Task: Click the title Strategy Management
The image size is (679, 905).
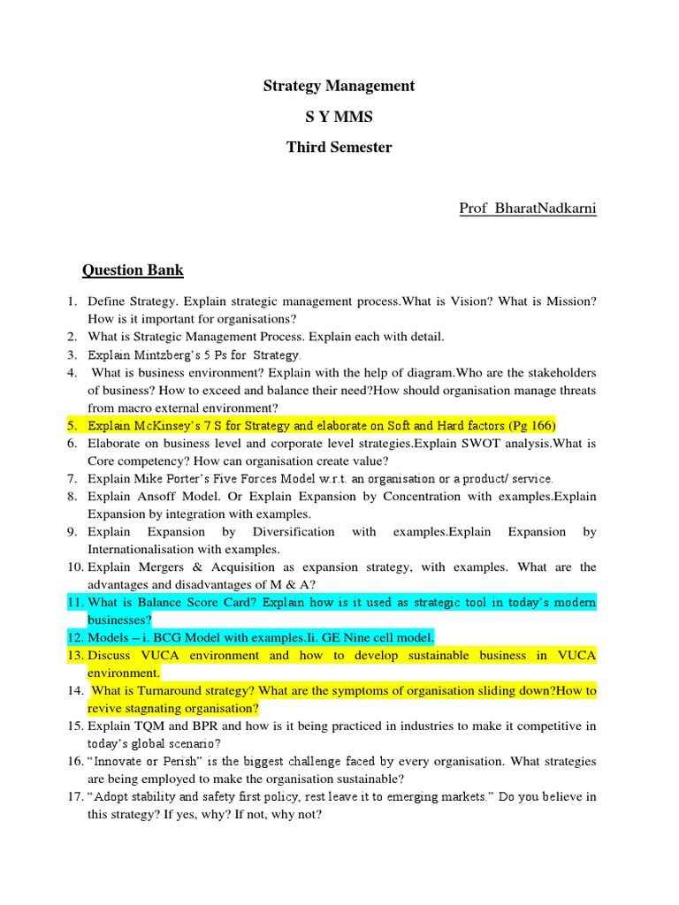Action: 339,86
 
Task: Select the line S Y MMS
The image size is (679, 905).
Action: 339,117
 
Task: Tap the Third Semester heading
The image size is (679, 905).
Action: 339,148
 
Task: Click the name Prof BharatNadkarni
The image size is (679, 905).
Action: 528,208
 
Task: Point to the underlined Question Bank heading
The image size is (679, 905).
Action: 133,270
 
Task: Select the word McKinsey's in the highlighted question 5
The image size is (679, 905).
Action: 174,425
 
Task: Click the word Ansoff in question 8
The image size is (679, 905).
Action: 150,496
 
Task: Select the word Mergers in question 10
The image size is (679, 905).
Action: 164,567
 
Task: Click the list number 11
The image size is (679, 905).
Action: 73,602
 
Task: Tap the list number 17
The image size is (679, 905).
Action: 73,796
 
